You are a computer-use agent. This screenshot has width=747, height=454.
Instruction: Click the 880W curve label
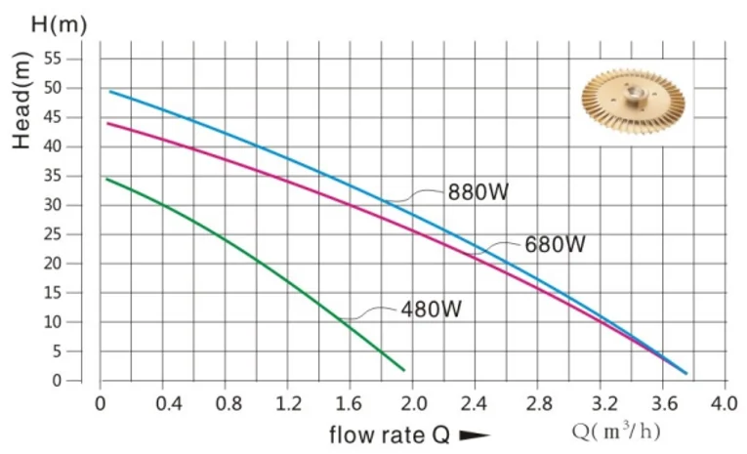pyautogui.click(x=478, y=192)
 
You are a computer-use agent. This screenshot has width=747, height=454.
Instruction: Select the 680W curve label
pyautogui.click(x=555, y=244)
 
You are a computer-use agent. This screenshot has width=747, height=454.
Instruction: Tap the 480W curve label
pyautogui.click(x=432, y=310)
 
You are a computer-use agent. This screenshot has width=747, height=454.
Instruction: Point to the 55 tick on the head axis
pyautogui.click(x=53, y=60)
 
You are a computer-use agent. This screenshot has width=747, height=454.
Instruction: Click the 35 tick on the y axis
pyautogui.click(x=53, y=176)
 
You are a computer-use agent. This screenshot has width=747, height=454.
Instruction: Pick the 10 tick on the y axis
pyautogui.click(x=53, y=322)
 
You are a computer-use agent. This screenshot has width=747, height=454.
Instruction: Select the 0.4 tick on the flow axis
pyautogui.click(x=169, y=404)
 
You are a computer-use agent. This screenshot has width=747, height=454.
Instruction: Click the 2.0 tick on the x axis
pyautogui.click(x=413, y=404)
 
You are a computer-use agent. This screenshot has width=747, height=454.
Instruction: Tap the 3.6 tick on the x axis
pyautogui.click(x=664, y=404)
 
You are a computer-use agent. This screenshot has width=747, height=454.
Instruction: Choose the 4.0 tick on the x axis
pyautogui.click(x=725, y=404)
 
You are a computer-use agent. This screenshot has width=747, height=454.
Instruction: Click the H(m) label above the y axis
pyautogui.click(x=59, y=24)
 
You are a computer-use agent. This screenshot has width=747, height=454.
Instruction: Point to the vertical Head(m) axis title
pyautogui.click(x=21, y=100)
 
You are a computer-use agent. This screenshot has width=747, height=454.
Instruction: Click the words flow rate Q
pyautogui.click(x=390, y=434)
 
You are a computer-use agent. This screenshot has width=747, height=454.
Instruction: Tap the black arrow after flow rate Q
pyautogui.click(x=475, y=435)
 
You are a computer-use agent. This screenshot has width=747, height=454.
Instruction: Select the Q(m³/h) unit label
pyautogui.click(x=616, y=432)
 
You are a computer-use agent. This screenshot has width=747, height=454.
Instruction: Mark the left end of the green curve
pyautogui.click(x=106, y=179)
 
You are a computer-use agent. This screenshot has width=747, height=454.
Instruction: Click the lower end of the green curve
pyautogui.click(x=404, y=370)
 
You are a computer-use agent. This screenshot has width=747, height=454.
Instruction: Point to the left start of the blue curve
pyautogui.click(x=110, y=91)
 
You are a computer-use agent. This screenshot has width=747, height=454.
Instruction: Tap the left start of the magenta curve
pyautogui.click(x=107, y=123)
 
